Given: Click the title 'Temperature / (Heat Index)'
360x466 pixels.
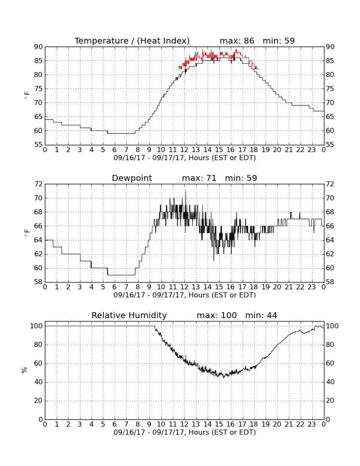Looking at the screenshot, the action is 132,41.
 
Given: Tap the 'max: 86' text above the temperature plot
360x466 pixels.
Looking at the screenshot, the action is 237,41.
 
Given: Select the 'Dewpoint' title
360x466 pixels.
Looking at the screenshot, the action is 132,178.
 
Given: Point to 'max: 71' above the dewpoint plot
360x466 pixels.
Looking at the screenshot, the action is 199,178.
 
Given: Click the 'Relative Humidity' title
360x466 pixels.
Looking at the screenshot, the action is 129,315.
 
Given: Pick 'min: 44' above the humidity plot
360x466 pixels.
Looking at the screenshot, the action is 261,315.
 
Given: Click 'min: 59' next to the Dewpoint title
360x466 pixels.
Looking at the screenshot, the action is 241,178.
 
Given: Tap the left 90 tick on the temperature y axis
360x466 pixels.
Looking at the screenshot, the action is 39,47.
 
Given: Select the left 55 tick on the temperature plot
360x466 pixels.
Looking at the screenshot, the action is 39,145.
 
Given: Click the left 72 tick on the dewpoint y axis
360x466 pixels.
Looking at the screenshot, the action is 39,184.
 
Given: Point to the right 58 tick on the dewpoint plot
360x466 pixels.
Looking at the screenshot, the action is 330,282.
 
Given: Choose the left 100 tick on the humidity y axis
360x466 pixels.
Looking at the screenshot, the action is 36,326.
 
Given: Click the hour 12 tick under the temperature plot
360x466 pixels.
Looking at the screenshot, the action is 184,150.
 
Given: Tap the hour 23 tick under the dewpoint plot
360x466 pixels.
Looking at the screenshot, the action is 312,287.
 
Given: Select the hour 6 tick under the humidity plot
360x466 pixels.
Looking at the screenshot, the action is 115,424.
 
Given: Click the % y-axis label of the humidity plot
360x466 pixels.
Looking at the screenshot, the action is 25,370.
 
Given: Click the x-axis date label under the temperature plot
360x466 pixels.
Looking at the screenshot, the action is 185,158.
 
